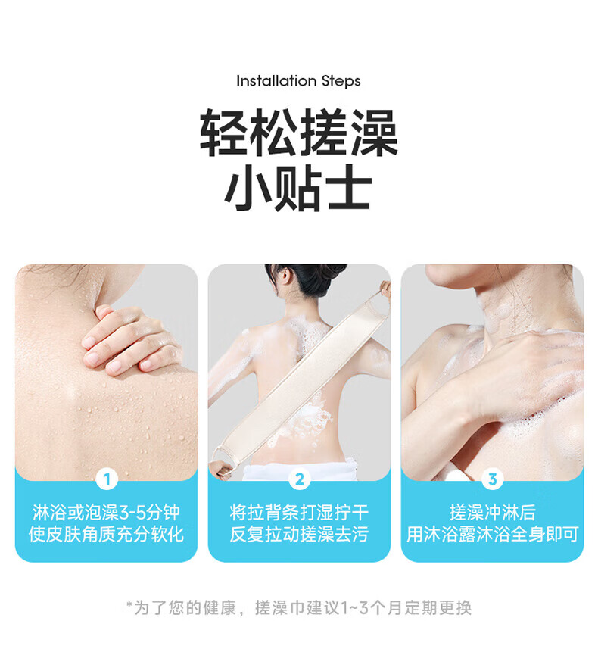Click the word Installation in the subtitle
276,80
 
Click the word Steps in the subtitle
341,81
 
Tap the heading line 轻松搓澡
299,133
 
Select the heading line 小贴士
298,188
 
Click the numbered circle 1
107,479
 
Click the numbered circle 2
300,479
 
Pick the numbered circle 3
492,479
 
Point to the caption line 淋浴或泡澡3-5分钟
107,513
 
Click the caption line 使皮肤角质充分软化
107,534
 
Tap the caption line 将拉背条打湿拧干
299,513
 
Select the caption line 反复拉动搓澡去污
299,534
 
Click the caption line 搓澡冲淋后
492,513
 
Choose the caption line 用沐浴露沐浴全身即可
492,534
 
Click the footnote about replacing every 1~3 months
299,608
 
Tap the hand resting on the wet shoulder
130,341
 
